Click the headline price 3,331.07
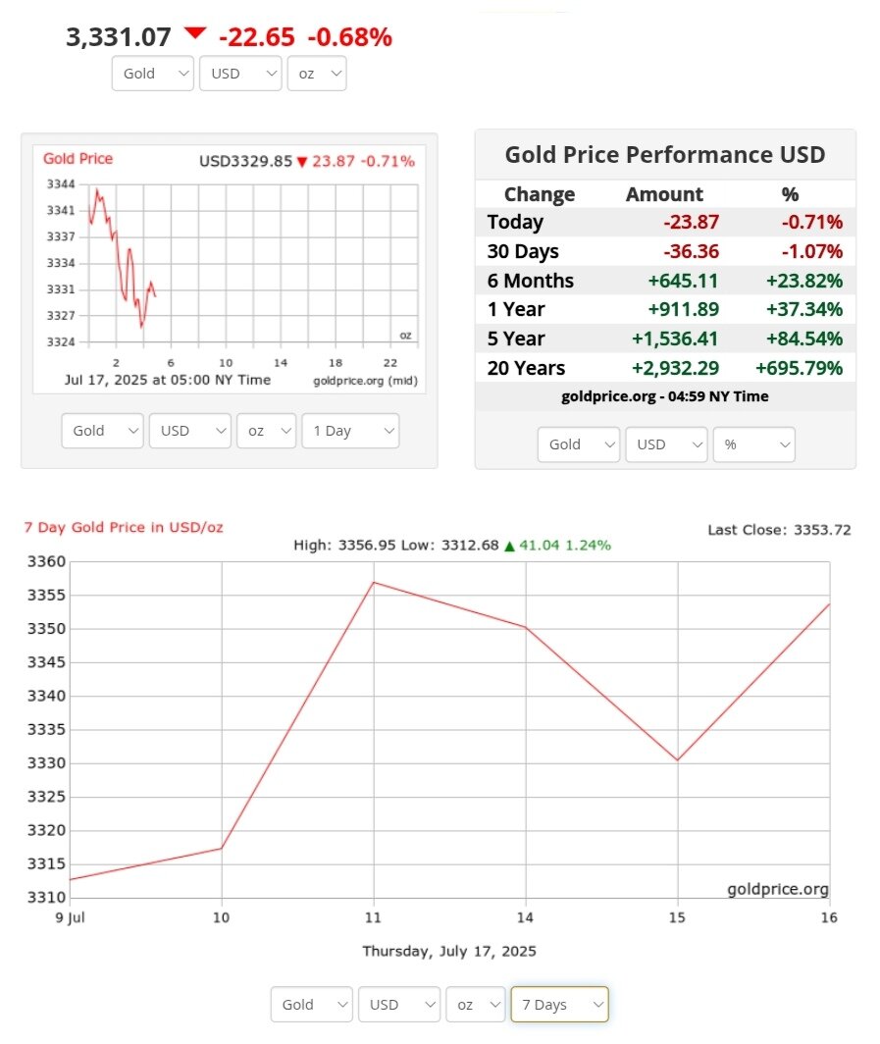118,37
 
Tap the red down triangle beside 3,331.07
195,33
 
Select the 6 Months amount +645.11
683,281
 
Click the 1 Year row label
516,310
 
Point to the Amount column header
664,194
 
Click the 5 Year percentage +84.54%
804,339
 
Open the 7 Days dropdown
559,1005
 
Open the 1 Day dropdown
350,431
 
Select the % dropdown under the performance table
753,444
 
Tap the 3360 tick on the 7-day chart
46,562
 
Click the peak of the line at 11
374,583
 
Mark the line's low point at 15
678,760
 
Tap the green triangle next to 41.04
509,546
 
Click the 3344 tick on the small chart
61,184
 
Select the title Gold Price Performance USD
664,155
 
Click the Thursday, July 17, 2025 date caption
449,951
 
